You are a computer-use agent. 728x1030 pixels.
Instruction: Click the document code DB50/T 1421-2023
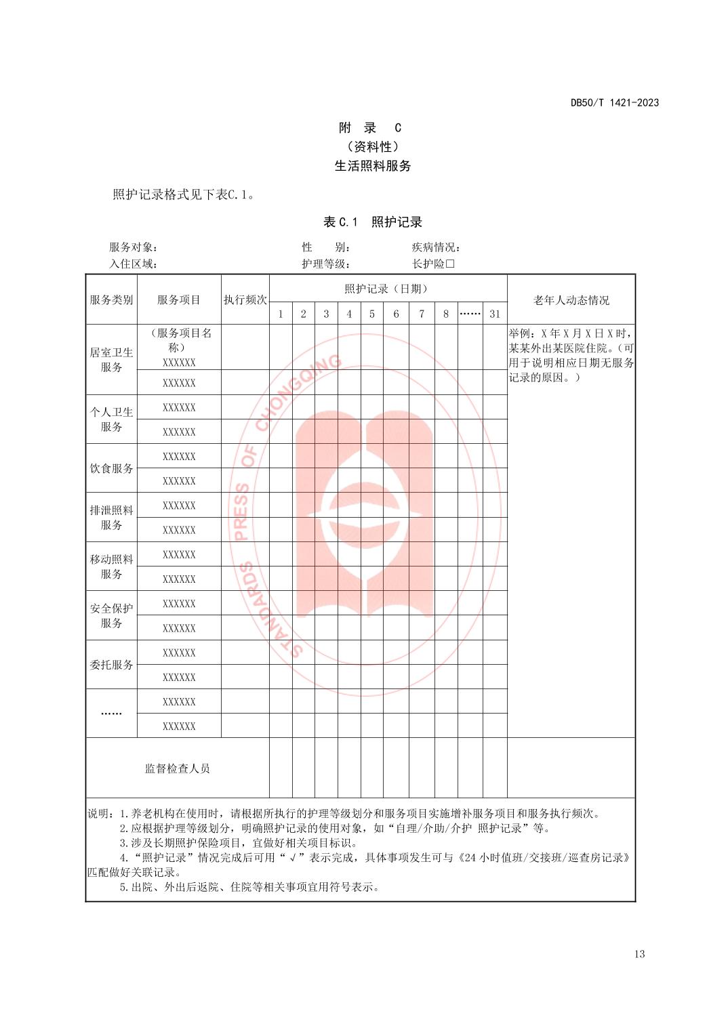[x=614, y=103]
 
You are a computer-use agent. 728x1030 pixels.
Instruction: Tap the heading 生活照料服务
[x=373, y=166]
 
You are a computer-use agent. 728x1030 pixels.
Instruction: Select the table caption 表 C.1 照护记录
[x=373, y=222]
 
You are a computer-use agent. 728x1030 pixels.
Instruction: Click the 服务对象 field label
[x=133, y=248]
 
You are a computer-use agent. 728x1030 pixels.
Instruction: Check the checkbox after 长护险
[x=449, y=264]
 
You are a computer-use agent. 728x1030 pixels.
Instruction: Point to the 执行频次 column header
[x=245, y=300]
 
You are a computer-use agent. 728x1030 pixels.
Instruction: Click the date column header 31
[x=495, y=314]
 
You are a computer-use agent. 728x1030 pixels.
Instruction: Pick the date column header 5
[x=372, y=314]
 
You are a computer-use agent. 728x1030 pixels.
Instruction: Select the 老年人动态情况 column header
[x=571, y=300]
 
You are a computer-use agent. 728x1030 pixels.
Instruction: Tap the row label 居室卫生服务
[x=112, y=360]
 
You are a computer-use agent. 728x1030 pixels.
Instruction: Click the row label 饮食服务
[x=112, y=468]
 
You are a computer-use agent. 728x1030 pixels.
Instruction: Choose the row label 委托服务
[x=112, y=665]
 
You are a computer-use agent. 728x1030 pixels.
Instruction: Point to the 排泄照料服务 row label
[x=112, y=518]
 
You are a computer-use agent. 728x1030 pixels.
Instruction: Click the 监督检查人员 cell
[x=178, y=768]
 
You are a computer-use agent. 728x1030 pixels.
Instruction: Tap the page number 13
[x=639, y=954]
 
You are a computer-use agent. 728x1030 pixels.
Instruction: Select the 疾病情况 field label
[x=436, y=248]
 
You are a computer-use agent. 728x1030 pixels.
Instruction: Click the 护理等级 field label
[x=325, y=264]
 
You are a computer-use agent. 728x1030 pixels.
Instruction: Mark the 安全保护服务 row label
[x=112, y=616]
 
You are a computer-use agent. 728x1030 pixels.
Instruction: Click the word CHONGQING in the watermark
[x=298, y=394]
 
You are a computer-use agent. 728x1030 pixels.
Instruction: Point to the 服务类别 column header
[x=112, y=300]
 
